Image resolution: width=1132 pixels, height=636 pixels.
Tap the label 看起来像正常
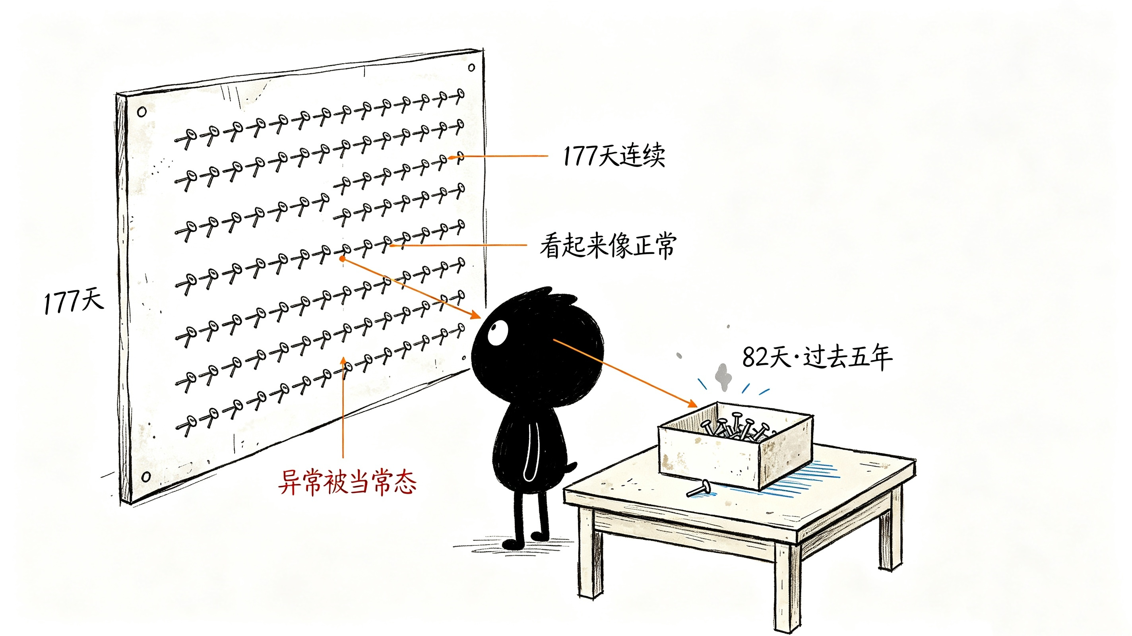pyautogui.click(x=608, y=245)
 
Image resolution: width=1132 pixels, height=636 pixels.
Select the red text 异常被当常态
pyautogui.click(x=347, y=482)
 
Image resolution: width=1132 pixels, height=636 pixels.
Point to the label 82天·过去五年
pyautogui.click(x=817, y=357)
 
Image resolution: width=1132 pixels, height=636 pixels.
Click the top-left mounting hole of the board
pyautogui.click(x=141, y=112)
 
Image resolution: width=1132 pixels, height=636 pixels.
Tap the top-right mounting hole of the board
pyautogui.click(x=471, y=67)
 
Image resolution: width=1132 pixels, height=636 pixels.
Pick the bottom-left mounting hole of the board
pyautogui.click(x=146, y=477)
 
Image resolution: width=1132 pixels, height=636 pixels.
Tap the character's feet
pyautogui.click(x=525, y=541)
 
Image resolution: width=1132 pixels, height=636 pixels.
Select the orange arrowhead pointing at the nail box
pyautogui.click(x=692, y=403)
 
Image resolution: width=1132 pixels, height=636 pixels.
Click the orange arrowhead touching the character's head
pyautogui.click(x=475, y=314)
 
